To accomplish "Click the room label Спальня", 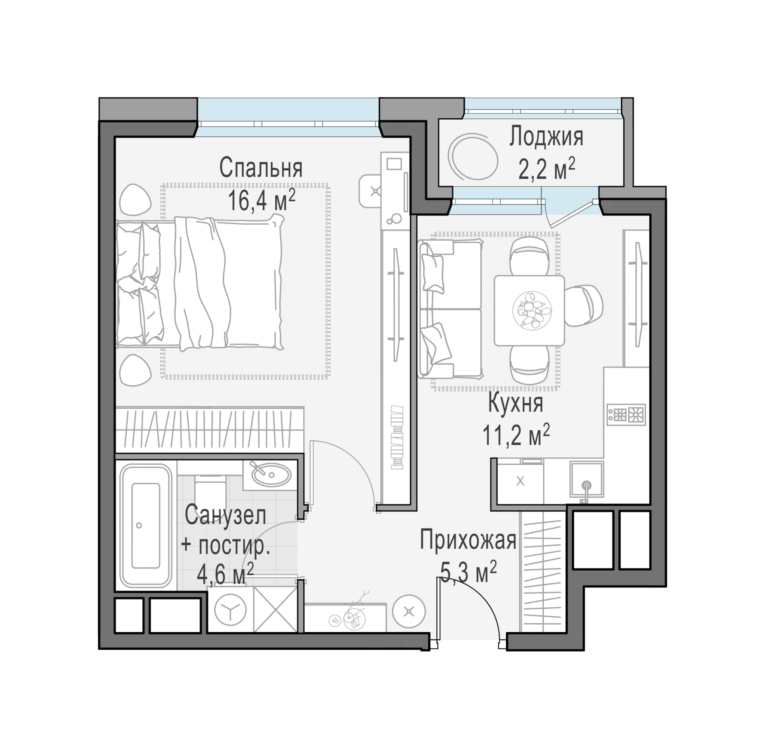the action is (x=261, y=168).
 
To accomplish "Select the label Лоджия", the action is (x=546, y=137).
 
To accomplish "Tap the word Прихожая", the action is (x=468, y=540).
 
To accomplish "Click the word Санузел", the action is (x=225, y=515).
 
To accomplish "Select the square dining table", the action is (x=529, y=310).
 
